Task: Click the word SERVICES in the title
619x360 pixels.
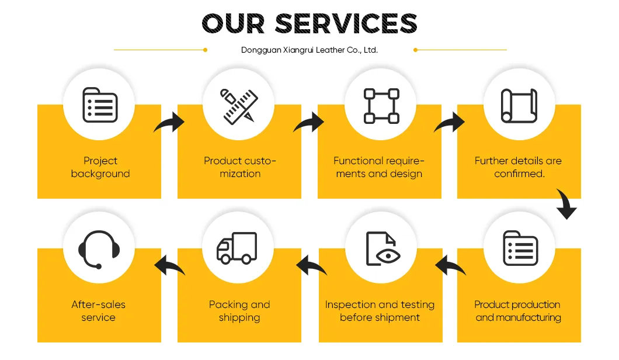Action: click(346, 24)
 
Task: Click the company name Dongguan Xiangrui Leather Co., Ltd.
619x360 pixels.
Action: click(309, 50)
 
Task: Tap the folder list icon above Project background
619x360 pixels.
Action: click(100, 105)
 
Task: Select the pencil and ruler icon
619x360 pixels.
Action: click(239, 106)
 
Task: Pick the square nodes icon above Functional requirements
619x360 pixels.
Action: click(381, 106)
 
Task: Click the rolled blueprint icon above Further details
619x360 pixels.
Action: click(519, 106)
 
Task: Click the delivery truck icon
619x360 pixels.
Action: click(237, 248)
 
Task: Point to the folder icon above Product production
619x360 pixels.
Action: click(520, 248)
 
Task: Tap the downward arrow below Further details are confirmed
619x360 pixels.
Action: click(566, 204)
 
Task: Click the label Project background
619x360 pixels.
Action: click(100, 167)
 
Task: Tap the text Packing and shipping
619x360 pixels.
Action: click(239, 311)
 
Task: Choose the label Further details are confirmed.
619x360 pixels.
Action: click(519, 167)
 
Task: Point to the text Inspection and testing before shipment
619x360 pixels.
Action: click(380, 311)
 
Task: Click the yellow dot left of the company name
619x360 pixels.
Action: click(206, 50)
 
